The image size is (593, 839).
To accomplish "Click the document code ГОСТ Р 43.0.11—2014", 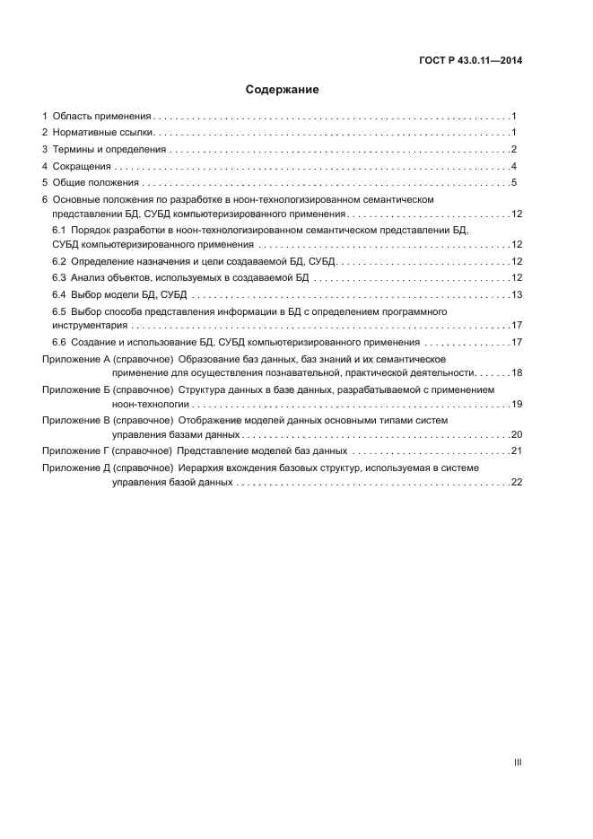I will point(471,61).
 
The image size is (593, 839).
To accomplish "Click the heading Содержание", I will point(282,90).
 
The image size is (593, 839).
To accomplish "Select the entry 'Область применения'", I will point(101,117).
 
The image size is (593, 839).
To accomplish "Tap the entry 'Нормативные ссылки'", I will point(102,133).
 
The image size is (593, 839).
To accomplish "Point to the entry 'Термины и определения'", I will point(109,150).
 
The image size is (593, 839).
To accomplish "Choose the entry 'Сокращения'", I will point(82,166).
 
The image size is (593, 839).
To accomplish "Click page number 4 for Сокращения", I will point(513,166).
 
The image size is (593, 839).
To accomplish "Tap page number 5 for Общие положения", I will point(513,183).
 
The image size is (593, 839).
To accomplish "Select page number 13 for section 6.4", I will point(516,294).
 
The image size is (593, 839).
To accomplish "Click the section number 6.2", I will point(60,261).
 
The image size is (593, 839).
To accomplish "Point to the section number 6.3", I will point(60,278).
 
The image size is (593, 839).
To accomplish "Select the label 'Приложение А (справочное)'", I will point(108,359).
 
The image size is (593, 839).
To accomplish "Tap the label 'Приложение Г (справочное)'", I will point(108,450).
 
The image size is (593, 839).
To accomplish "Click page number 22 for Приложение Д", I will point(516,482).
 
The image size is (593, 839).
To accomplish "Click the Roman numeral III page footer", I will point(518,762).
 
